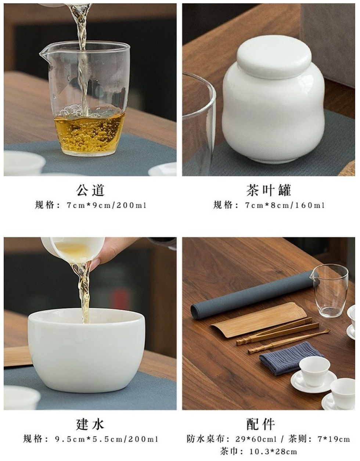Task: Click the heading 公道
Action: coord(90,190)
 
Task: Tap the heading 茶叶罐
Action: coord(269,190)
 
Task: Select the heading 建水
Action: coord(90,424)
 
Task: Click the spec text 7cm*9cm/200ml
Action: coord(107,205)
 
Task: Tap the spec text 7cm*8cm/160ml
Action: coord(285,205)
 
